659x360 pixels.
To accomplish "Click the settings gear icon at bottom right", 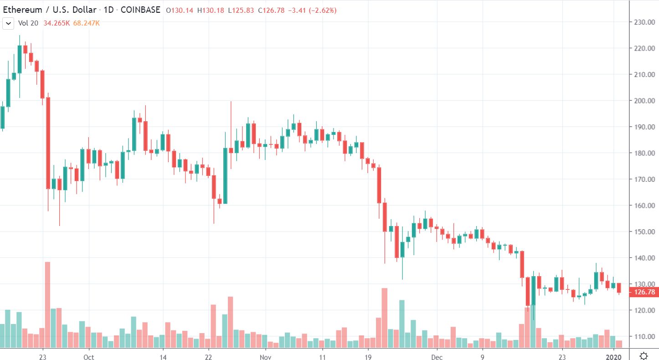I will (x=644, y=356).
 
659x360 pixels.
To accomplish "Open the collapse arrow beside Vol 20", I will (x=8, y=23).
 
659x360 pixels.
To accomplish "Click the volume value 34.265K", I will (x=57, y=23).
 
